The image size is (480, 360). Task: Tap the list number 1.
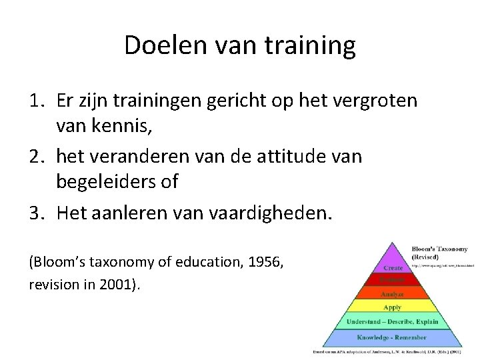coord(36,101)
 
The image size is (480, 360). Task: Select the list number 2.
coord(36,157)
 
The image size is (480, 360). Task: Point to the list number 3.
coord(36,213)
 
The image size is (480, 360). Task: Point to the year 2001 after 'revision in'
coord(115,285)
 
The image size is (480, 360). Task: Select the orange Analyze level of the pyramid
coord(392,294)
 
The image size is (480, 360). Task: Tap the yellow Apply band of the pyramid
coord(392,307)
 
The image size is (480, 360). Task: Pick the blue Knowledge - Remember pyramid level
coord(392,337)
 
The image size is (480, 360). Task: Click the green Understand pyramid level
coord(392,322)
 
